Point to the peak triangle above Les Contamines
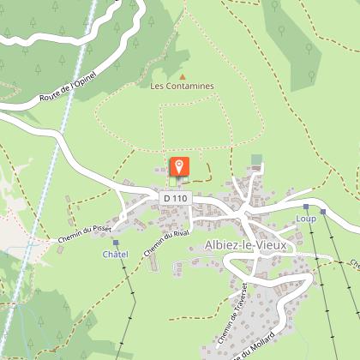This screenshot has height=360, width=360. (181, 75)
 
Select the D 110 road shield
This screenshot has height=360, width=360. (175, 199)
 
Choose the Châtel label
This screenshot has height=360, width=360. (115, 255)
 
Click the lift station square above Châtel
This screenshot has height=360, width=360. (116, 243)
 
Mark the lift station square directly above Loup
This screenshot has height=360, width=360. (306, 207)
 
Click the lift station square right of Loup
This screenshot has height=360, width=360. (324, 212)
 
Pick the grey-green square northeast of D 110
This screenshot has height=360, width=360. (256, 160)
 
